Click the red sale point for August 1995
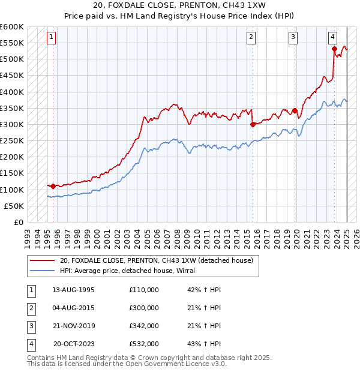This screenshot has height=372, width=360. pos(53,186)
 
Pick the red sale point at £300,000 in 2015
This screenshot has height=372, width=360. pos(253,124)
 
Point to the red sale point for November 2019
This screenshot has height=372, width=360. pos(295,110)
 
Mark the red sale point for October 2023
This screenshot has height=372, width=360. pos(334,49)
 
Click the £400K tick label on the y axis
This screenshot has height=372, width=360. pos(12,92)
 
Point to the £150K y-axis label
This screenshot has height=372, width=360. pos(12,173)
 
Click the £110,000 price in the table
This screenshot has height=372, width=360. pos(144,290)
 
